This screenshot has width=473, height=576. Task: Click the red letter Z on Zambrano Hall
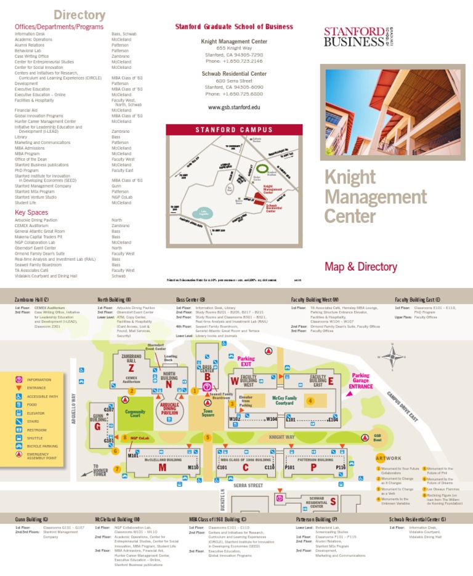point(131,368)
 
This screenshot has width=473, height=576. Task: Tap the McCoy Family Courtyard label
point(285,400)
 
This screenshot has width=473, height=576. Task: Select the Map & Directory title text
point(361,266)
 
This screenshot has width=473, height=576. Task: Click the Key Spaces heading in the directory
point(31,212)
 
